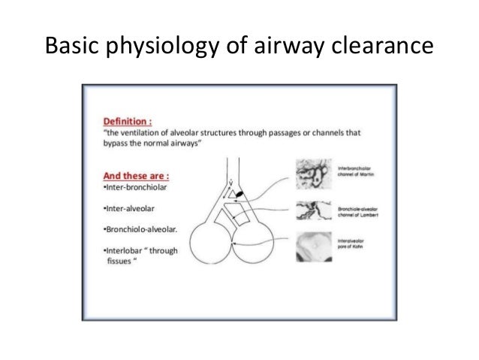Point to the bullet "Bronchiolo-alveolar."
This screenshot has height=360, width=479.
pos(135,227)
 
